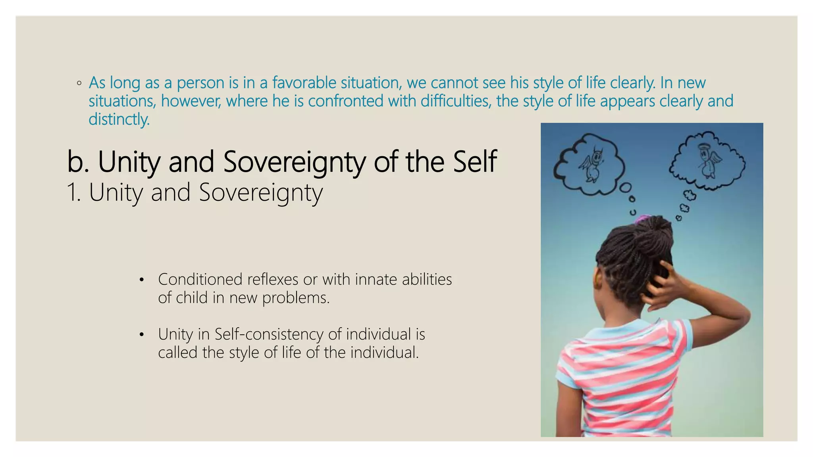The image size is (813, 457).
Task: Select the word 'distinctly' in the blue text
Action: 118,119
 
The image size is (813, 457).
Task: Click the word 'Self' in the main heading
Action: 475,161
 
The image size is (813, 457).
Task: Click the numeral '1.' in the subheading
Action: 74,193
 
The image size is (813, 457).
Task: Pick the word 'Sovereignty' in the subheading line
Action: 260,193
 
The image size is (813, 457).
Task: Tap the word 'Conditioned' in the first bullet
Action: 200,280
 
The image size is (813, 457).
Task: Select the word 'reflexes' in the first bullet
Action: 272,280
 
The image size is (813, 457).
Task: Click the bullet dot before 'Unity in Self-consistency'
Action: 141,335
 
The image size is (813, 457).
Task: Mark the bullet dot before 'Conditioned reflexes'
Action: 141,280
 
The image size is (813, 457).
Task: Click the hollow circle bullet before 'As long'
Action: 79,83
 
